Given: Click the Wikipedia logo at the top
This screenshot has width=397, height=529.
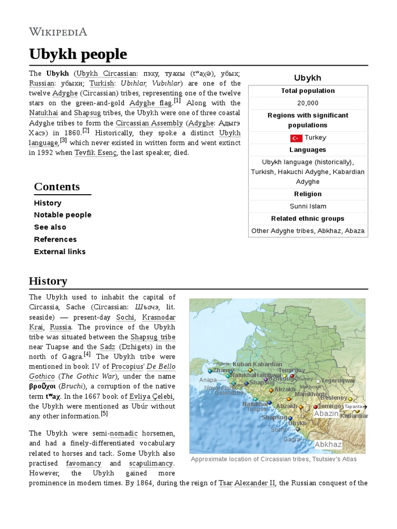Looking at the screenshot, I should pos(58,32).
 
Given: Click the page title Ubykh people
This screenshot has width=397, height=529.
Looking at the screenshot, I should pos(78,54).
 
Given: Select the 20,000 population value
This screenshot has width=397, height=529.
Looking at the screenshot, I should pos(308,103).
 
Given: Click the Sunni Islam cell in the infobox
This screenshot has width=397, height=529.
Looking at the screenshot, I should pos(308,206).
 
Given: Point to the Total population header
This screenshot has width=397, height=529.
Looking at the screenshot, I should pos(308,91).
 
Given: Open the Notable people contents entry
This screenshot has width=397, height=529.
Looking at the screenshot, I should pos(63,215).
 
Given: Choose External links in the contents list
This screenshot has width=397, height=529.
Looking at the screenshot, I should pos(59,252).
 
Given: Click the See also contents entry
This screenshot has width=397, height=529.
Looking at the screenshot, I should pos(50,227).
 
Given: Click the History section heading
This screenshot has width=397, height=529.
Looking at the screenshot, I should pos(48,282).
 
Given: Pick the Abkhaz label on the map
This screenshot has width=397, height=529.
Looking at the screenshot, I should pos(328,444).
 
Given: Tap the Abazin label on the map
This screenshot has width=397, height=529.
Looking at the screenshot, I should pos(326,413).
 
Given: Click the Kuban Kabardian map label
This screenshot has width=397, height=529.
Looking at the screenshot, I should pos(257,364).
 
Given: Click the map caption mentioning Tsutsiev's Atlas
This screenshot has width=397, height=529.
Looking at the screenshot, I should pos(273,459).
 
